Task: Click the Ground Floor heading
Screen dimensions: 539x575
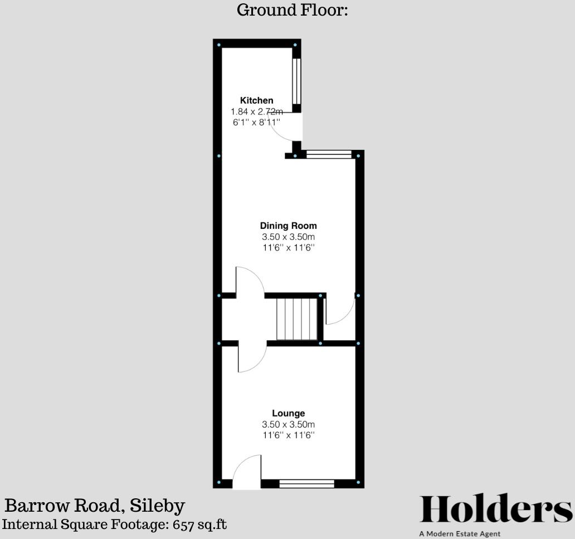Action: (x=293, y=10)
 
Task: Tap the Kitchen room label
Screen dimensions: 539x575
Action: (x=256, y=100)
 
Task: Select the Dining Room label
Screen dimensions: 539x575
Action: (x=288, y=226)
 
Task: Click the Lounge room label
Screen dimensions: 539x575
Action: (x=288, y=413)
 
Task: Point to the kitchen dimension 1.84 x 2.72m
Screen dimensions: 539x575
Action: (x=256, y=111)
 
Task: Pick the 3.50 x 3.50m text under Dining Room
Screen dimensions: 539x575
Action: (x=288, y=237)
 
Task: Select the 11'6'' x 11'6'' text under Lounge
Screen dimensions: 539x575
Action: (x=288, y=435)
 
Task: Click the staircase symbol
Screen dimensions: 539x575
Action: (x=297, y=318)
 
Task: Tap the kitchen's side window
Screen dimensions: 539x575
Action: (x=296, y=81)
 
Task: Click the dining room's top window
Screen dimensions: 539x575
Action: (x=329, y=154)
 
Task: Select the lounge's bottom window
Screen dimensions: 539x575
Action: (x=306, y=483)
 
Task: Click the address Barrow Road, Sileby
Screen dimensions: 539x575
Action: (x=95, y=506)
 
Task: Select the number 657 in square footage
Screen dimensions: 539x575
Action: (x=185, y=525)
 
